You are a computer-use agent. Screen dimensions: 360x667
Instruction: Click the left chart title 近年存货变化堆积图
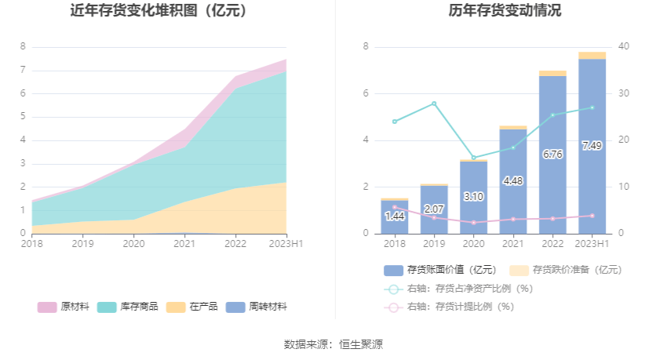coord(159,11)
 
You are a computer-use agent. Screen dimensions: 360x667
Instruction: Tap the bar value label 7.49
coord(592,146)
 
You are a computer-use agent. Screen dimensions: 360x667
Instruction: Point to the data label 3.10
coord(473,196)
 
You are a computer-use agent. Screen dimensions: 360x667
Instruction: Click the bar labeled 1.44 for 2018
coord(394,218)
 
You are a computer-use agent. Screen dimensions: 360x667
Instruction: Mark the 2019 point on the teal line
coord(434,104)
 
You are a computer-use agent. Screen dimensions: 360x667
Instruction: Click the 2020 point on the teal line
coord(473,158)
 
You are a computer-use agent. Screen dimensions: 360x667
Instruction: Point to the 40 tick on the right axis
coord(624,47)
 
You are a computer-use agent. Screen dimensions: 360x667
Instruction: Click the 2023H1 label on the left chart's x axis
coord(286,244)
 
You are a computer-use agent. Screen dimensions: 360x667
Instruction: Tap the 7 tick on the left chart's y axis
coord(23,71)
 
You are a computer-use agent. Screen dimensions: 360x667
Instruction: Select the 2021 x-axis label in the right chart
coord(512,244)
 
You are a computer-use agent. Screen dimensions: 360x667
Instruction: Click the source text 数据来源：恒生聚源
coord(333,344)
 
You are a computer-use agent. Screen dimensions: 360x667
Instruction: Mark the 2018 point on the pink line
coord(394,207)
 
